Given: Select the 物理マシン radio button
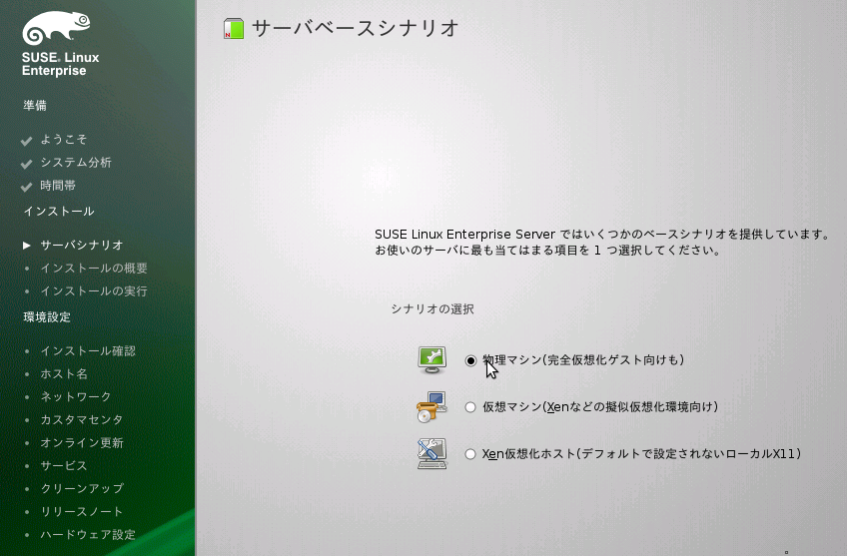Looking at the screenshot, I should [470, 360].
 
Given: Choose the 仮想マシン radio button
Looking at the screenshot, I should [470, 407].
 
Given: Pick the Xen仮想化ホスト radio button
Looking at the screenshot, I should [470, 454].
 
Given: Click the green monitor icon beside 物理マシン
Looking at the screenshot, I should [431, 359].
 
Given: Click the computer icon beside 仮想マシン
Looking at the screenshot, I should [431, 407].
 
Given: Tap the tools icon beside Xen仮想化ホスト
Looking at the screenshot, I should [431, 453].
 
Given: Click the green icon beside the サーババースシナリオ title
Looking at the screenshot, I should [234, 28].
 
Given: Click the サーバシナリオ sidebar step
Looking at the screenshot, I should [82, 245].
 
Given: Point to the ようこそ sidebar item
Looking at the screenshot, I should [63, 139].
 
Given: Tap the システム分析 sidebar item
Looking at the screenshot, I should [76, 162].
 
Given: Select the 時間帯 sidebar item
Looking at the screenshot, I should [58, 186].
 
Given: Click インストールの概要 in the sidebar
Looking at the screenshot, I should [94, 268].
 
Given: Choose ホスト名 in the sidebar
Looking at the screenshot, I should [64, 373].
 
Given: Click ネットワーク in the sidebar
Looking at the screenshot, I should [76, 396].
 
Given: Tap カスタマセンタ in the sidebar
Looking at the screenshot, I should [82, 419].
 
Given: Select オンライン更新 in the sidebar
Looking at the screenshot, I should [82, 442].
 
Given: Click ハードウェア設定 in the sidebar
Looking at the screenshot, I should [88, 534].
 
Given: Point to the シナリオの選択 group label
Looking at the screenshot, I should [432, 309].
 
